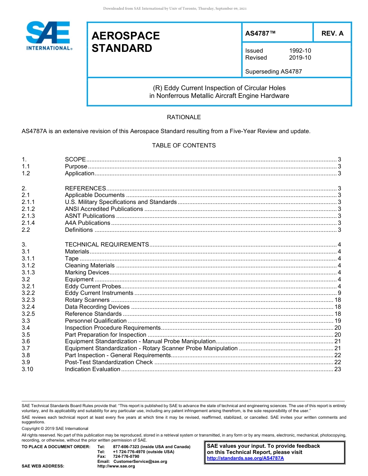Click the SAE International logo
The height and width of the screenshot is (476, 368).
[48, 36]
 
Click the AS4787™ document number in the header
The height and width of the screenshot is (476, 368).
[261, 33]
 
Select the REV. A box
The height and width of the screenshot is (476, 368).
[332, 33]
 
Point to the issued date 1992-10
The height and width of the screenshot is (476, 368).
[300, 51]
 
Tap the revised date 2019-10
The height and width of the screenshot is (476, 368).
[300, 58]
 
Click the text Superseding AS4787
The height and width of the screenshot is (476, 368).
[273, 71]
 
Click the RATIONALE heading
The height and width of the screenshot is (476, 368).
[184, 117]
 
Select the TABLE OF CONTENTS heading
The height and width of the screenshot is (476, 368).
[184, 146]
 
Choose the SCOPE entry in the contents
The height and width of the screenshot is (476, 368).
[75, 159]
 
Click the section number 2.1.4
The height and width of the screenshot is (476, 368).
[28, 223]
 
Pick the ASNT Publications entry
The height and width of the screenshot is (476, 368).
[90, 216]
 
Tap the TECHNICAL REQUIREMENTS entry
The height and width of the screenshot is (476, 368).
[107, 245]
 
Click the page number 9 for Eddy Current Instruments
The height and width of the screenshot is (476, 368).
[339, 293]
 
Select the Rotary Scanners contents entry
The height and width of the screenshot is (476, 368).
[87, 300]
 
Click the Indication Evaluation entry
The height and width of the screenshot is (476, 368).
[93, 369]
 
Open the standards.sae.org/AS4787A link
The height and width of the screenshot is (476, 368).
[245, 458]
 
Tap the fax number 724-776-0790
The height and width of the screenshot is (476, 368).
[126, 456]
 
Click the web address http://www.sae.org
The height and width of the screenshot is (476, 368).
[116, 466]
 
